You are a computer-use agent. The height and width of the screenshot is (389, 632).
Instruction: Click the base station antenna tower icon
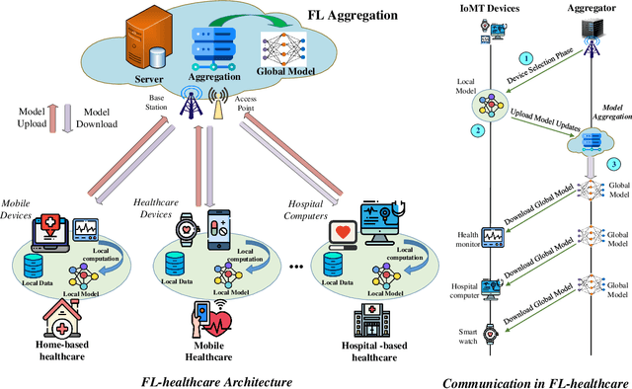tap(191, 102)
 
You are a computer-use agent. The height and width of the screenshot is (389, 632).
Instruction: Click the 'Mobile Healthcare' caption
tap(217, 350)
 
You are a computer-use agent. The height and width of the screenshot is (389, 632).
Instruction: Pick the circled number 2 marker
tap(504, 130)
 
